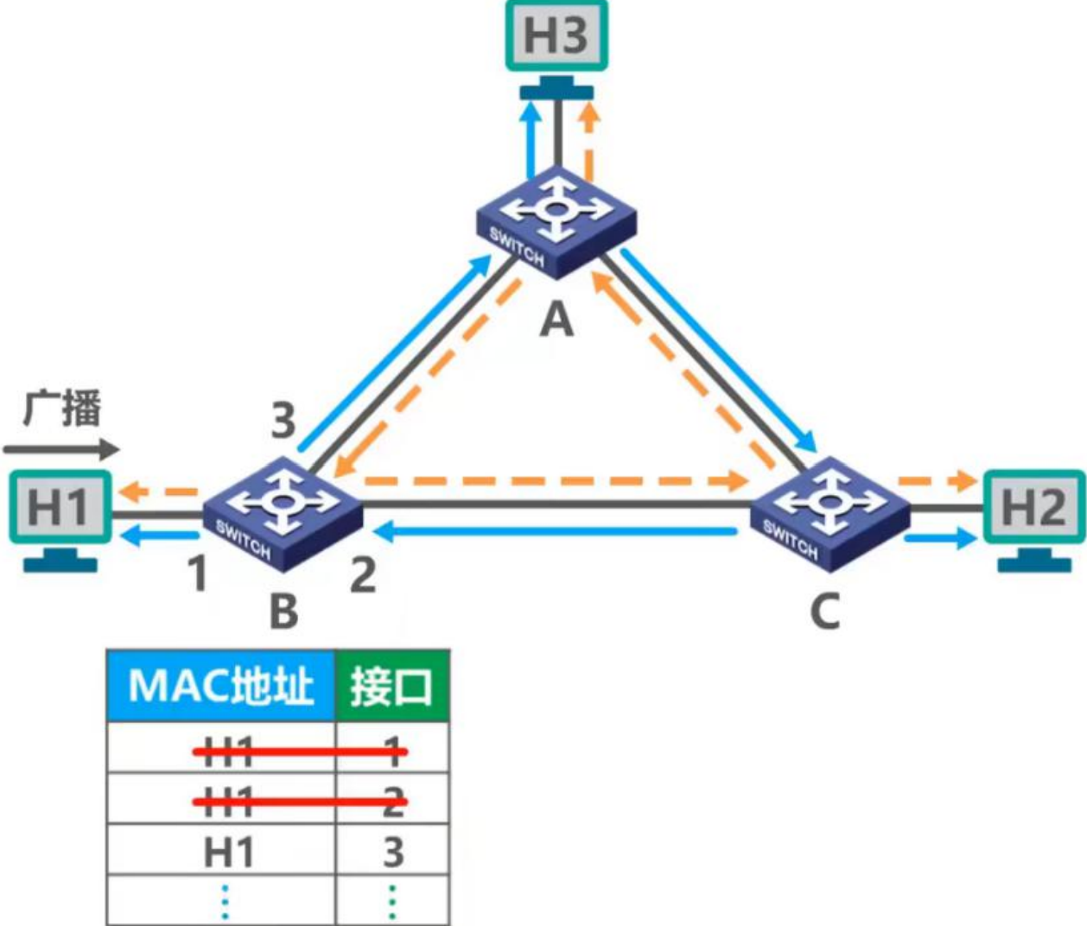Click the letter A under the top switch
click(556, 320)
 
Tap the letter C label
click(824, 612)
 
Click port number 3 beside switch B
click(283, 421)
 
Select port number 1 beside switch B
click(199, 574)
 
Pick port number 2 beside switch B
click(363, 574)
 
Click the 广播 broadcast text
click(62, 409)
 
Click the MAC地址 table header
click(220, 687)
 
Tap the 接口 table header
click(391, 687)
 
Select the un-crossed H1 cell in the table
click(228, 853)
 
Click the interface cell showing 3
click(393, 853)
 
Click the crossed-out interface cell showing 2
click(393, 802)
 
